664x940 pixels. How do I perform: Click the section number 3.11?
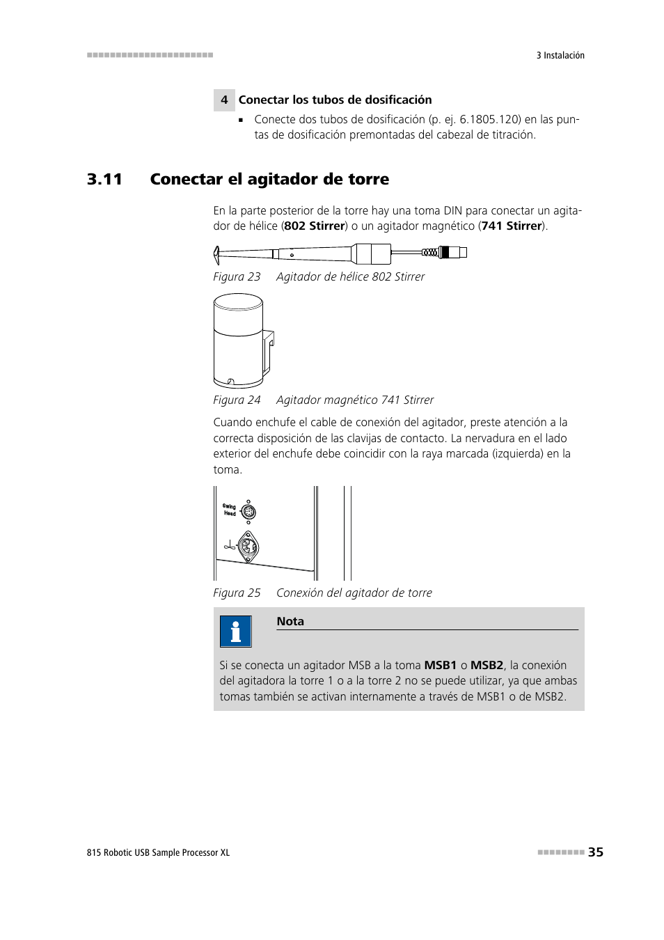point(104,180)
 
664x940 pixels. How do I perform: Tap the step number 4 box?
point(223,100)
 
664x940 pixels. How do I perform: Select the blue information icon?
point(235,632)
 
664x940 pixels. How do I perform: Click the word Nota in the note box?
point(290,621)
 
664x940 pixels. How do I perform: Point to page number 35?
point(595,852)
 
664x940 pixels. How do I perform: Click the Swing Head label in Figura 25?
point(229,510)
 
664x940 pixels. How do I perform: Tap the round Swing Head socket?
point(248,512)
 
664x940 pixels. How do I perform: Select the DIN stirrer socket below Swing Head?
point(248,546)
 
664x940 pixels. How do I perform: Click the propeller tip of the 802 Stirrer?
point(217,251)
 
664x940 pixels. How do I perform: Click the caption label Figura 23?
point(237,277)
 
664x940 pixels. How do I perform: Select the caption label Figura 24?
point(237,400)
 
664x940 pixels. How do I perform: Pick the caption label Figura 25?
point(237,593)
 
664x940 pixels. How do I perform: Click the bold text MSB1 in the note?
point(440,665)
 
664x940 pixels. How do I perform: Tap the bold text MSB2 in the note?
point(487,665)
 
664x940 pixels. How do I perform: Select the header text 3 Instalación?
point(560,56)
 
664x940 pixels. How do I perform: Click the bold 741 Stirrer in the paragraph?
point(512,226)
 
